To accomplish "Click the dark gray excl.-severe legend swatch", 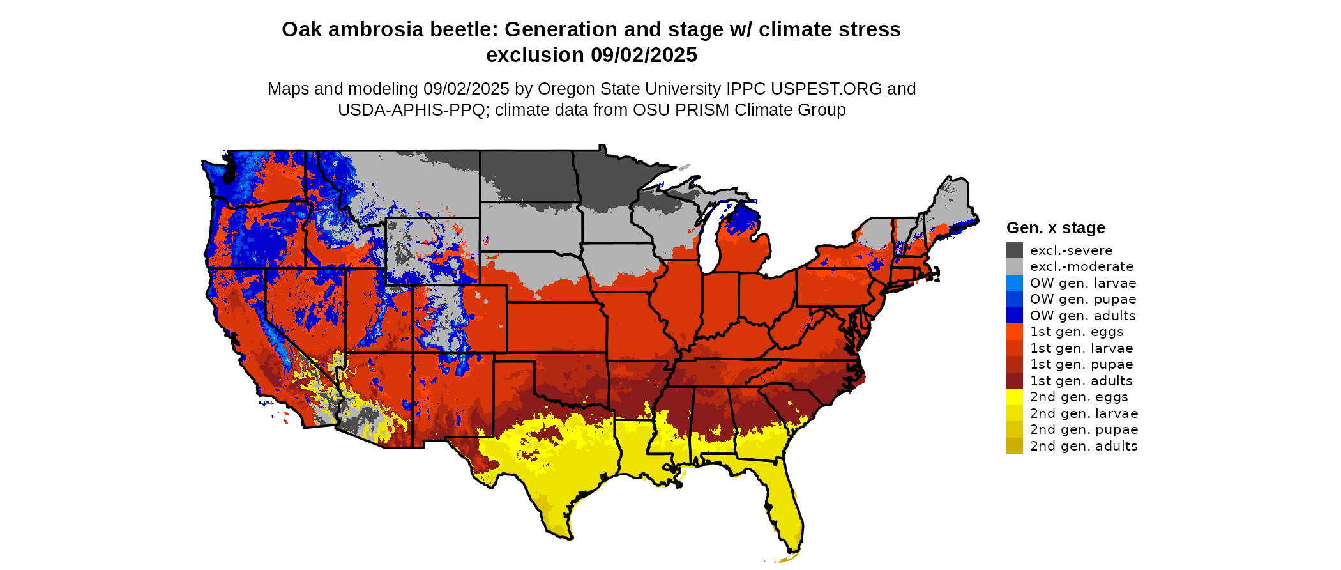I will [1014, 250].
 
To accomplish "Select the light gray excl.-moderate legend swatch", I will [1014, 266].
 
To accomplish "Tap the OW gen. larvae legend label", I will [1082, 283].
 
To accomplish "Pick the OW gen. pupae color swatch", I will [1014, 299].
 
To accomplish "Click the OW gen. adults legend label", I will [1082, 316].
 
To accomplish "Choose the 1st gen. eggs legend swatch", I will [1014, 332].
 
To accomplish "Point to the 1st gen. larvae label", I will [1081, 348].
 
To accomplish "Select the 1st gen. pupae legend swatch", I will [1014, 364].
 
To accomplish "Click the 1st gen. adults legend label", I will [1080, 381].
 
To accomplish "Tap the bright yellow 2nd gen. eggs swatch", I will [1014, 397].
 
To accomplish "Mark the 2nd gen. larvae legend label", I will [1084, 413].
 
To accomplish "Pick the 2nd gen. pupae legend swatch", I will [1014, 429].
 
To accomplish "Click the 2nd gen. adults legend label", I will [1083, 446].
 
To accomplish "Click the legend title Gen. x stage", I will [1055, 228].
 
